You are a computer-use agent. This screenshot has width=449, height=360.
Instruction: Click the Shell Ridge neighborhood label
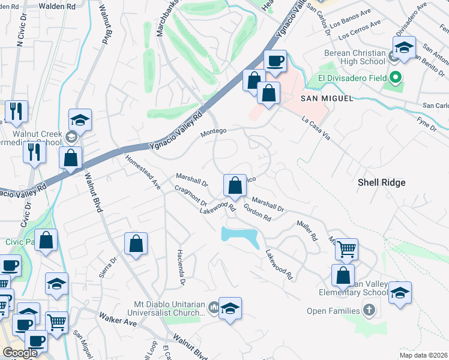382,182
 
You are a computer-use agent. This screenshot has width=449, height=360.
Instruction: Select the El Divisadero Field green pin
396,77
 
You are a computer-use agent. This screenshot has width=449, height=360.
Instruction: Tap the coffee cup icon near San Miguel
276,61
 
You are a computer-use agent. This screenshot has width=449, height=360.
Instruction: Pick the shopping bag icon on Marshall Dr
235,185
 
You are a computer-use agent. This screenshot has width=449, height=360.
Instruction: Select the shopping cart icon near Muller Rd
346,249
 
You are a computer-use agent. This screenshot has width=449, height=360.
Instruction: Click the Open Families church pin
369,311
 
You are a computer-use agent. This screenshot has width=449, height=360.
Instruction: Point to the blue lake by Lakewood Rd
240,234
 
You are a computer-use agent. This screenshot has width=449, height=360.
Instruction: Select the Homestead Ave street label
142,172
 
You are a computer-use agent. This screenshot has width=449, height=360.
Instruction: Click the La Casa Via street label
316,127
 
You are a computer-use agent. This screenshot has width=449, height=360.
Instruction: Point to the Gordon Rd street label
258,213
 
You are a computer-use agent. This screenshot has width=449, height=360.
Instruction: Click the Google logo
20,353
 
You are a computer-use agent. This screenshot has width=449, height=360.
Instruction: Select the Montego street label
214,131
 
